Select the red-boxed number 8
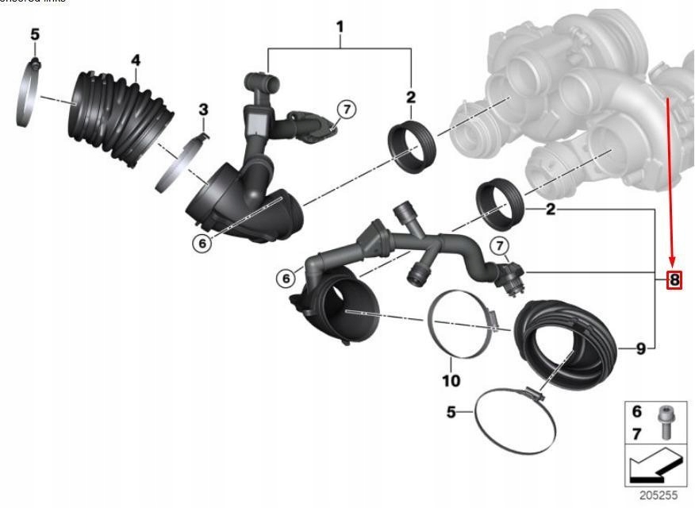674,279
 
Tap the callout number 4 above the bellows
136,60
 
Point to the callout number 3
203,109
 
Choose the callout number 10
450,381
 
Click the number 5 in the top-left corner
34,34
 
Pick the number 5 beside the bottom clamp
451,413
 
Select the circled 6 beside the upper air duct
202,244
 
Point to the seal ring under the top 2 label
411,144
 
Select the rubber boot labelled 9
566,345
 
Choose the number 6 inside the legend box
636,412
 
